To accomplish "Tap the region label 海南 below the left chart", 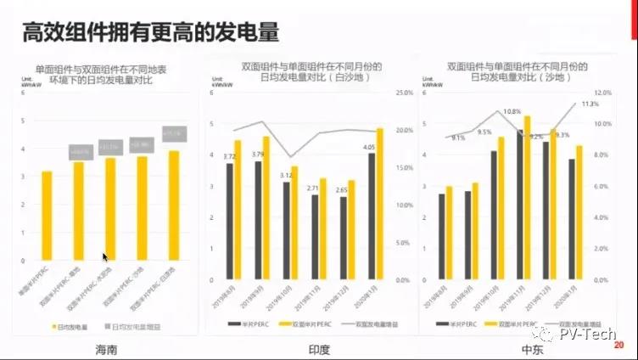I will tap(103, 349).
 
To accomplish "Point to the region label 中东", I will tap(520, 349).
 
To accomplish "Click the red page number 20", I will tap(618, 345).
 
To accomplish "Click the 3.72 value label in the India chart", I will tap(229, 156).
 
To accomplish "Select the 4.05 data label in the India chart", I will tap(368, 147).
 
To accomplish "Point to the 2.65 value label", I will tap(341, 190).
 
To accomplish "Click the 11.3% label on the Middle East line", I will tap(590, 104).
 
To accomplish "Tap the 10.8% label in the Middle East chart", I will tap(512, 112).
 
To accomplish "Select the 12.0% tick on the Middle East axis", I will tap(603, 92).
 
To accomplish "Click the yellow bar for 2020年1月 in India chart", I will tap(378, 204).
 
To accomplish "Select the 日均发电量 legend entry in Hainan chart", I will tap(72, 326).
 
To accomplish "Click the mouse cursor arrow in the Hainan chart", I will tap(106, 256).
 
